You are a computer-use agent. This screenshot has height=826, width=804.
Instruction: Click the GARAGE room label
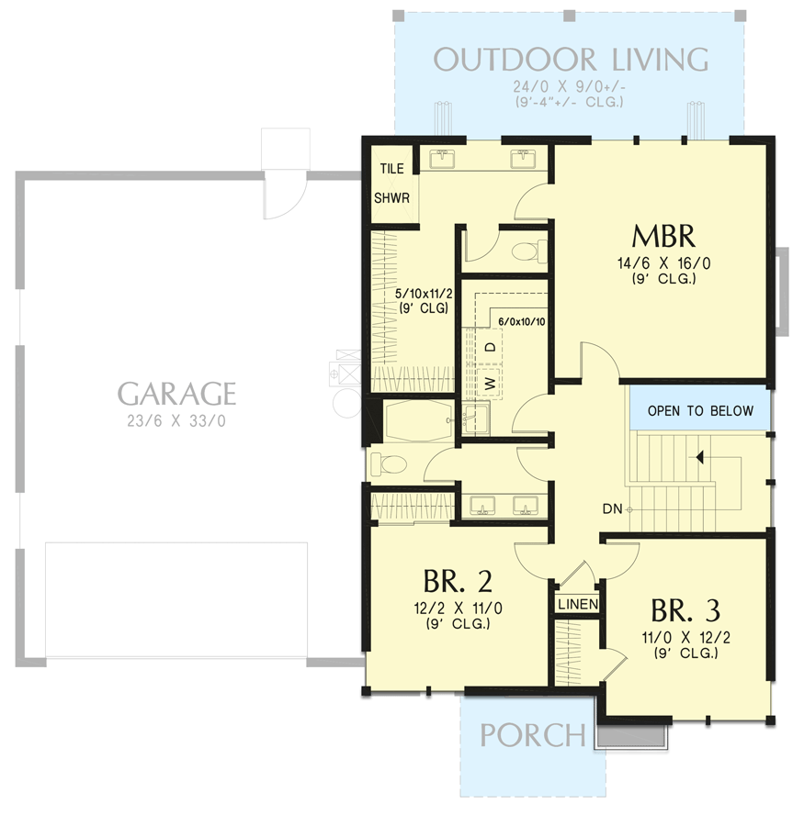[176, 394]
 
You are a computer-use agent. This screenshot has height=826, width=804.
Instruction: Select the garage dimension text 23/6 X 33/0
[176, 423]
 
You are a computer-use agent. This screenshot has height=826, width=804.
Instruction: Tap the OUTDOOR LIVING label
[571, 60]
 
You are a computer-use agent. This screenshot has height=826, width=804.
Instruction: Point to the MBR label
[662, 236]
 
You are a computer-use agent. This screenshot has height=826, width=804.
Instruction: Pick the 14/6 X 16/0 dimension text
[662, 263]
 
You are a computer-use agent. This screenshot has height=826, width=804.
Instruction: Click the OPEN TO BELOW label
[699, 410]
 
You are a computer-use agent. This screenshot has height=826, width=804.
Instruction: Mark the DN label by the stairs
[612, 508]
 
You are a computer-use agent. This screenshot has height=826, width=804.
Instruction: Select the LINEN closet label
[577, 604]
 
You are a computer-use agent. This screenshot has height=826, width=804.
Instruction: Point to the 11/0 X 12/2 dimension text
[685, 637]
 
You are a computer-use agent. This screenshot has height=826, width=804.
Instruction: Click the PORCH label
[532, 735]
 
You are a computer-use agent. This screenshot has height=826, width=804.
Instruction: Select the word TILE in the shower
[392, 169]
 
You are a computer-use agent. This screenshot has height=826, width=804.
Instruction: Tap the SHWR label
[391, 197]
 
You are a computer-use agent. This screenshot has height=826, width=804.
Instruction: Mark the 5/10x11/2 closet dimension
[422, 294]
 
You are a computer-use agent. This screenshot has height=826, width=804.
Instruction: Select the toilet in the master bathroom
[527, 251]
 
